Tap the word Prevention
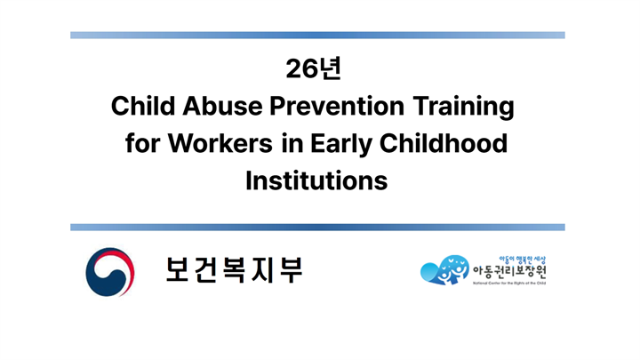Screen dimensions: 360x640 (x=340, y=107)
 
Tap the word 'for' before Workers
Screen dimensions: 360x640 (x=141, y=144)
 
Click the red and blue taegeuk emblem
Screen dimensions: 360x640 (x=110, y=272)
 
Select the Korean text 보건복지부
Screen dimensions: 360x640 (x=234, y=270)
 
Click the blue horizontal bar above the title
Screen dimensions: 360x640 (x=317, y=36)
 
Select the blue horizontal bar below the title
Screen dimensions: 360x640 (x=317, y=227)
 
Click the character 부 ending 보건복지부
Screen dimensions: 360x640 (x=290, y=270)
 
